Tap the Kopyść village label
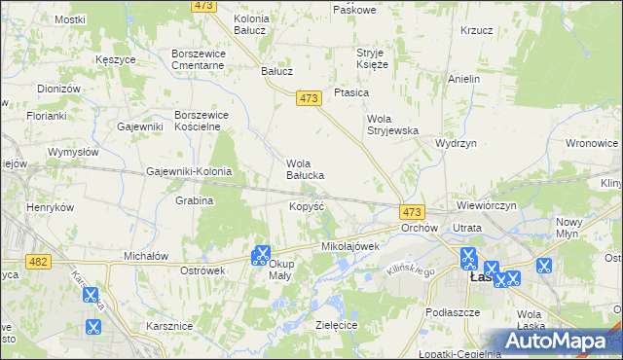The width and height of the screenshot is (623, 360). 307,206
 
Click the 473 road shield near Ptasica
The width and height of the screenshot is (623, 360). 310,98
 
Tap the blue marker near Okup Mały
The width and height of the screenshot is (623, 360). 260,255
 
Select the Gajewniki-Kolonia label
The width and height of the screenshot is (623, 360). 189,171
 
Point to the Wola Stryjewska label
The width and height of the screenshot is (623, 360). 391,125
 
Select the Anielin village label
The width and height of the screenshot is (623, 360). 464,78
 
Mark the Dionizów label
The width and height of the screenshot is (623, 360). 58,89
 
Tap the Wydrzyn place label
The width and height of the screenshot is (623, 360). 456,142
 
